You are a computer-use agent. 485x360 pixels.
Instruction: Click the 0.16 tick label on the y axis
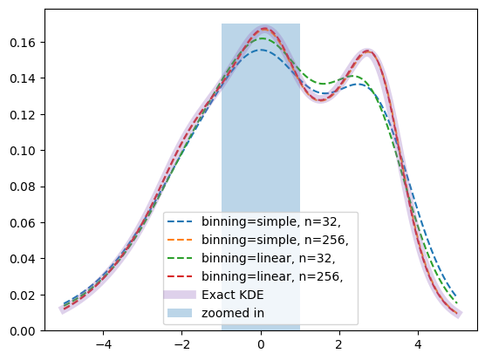tap(23, 43)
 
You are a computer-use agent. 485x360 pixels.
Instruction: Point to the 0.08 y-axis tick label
tap(23, 187)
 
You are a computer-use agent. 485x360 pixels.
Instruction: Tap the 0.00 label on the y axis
tap(23, 331)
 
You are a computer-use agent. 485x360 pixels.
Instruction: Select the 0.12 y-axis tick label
tap(23, 115)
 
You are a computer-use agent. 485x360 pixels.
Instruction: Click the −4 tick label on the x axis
tap(103, 344)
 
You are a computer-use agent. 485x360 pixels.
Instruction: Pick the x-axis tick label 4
tap(418, 344)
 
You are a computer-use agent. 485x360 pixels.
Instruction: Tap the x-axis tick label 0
tap(261, 344)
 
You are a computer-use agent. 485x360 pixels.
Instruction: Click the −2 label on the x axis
tap(181, 344)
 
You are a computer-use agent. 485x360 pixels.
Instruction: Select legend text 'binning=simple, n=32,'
tap(271, 221)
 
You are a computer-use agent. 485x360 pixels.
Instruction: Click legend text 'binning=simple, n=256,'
tap(275, 240)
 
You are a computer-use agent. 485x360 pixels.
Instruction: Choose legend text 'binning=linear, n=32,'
tap(269, 258)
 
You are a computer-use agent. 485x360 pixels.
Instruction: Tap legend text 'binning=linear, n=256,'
tap(272, 276)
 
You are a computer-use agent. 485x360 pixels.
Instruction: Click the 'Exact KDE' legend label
tap(233, 295)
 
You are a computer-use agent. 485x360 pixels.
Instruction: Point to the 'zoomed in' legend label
tap(233, 313)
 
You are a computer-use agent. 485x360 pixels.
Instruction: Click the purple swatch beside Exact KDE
tap(180, 295)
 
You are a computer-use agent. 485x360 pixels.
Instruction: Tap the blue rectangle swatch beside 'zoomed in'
tap(180, 313)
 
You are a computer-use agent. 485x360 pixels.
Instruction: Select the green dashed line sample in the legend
tap(180, 258)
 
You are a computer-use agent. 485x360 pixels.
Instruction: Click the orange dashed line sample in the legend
tap(180, 240)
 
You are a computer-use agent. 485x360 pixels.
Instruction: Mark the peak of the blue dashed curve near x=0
tap(262, 50)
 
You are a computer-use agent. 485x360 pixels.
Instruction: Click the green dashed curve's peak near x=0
tap(263, 38)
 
